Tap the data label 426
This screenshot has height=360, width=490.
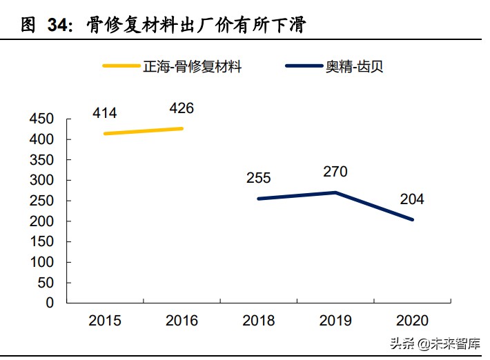[182, 108]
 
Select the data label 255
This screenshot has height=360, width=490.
[258, 178]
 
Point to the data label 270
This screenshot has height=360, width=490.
[335, 172]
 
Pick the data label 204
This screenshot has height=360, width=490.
[412, 200]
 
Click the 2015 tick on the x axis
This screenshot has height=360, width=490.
[105, 321]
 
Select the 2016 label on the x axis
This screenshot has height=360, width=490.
[182, 321]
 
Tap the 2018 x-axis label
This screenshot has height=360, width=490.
[259, 321]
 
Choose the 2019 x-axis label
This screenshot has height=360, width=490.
[336, 321]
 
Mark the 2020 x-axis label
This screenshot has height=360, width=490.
[413, 321]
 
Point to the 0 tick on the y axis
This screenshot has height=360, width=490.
[50, 303]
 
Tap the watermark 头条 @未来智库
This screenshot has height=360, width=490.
[435, 343]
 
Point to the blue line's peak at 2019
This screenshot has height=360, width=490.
[336, 192]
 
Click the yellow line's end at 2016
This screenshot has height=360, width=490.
[182, 128]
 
